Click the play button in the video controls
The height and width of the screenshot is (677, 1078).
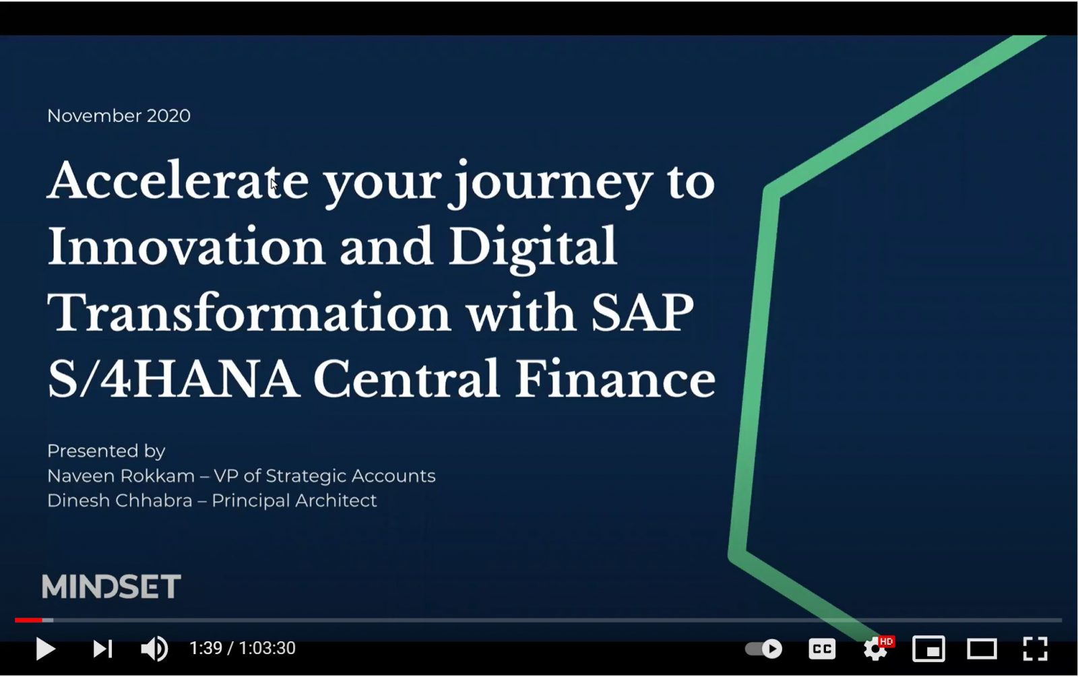(x=46, y=649)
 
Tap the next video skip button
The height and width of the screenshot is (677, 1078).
(x=102, y=649)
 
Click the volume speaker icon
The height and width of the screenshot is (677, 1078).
(x=154, y=649)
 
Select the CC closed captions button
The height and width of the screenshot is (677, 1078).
(x=822, y=649)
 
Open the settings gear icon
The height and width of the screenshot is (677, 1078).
(x=876, y=649)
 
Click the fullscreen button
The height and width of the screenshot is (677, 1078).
(x=1035, y=649)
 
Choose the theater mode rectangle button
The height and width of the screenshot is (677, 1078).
(x=982, y=649)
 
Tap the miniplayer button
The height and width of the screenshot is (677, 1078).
(x=928, y=649)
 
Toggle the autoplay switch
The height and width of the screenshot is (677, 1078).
(x=764, y=649)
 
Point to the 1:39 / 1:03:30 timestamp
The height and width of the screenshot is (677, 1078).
(x=243, y=648)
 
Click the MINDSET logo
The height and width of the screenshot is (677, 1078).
(x=111, y=586)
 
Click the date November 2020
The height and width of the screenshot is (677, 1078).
(x=119, y=115)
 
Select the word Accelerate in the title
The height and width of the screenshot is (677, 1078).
(x=178, y=181)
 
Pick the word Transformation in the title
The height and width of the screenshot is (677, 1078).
(x=249, y=313)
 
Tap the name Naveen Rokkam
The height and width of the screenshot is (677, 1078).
(x=121, y=476)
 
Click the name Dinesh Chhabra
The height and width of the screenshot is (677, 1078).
(x=120, y=501)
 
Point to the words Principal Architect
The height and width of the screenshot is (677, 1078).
(x=294, y=501)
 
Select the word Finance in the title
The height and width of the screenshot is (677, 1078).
(x=616, y=379)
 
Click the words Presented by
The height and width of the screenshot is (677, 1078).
(x=106, y=451)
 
